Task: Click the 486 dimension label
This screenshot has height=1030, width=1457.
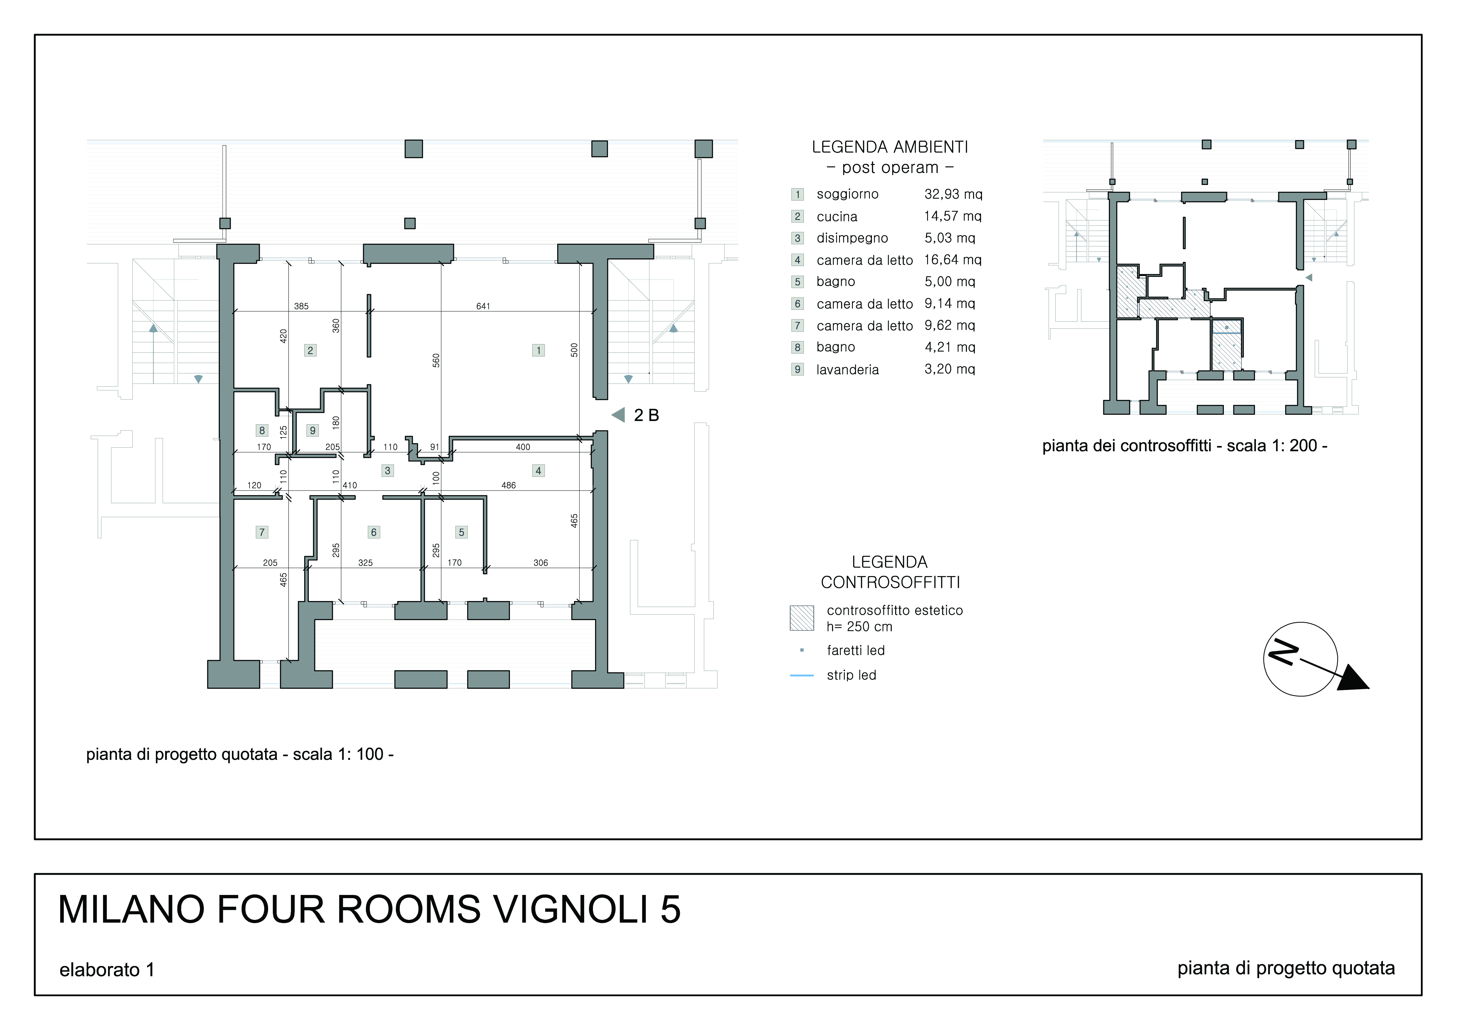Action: pyautogui.click(x=508, y=485)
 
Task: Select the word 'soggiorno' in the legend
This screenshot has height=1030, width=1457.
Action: pyautogui.click(x=847, y=194)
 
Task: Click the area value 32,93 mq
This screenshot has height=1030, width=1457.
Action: pyautogui.click(x=953, y=194)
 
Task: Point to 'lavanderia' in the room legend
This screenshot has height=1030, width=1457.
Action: pyautogui.click(x=847, y=369)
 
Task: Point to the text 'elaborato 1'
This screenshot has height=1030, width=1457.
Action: pyautogui.click(x=107, y=970)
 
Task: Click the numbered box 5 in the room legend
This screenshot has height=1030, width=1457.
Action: pyautogui.click(x=798, y=282)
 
